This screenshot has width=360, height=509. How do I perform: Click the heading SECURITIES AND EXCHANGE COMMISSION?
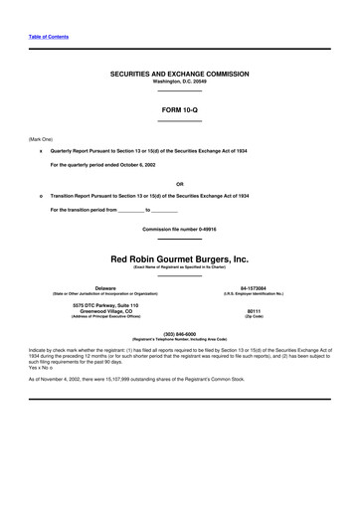[179, 75]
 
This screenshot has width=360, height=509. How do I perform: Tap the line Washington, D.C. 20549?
[179, 82]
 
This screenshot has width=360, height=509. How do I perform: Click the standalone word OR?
[179, 184]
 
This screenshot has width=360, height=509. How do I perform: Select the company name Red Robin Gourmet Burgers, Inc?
[179, 257]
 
